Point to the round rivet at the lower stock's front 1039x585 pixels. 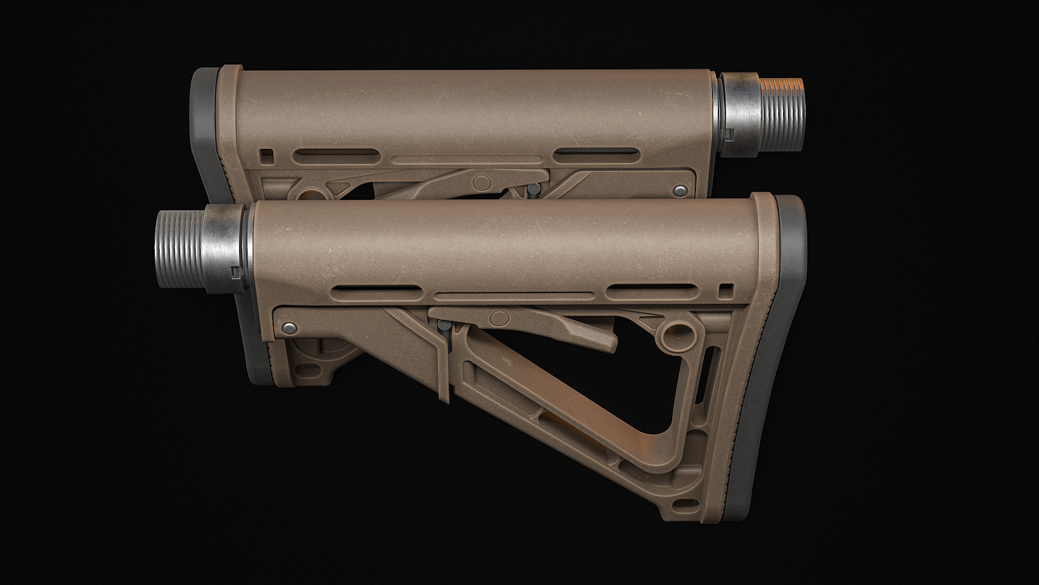[x=290, y=327]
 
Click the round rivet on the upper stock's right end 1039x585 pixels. [x=680, y=190]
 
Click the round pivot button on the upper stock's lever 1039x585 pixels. [x=481, y=181]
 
